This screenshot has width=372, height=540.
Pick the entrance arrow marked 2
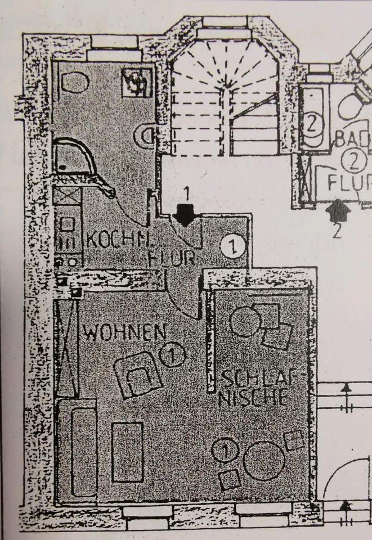[x=337, y=212]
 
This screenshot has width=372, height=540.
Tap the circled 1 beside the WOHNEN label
[x=172, y=355]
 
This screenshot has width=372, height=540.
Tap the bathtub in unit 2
[x=312, y=119]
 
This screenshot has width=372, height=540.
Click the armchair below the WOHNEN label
[x=138, y=375]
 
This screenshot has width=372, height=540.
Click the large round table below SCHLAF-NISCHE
[x=263, y=460]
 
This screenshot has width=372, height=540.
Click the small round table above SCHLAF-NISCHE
[x=244, y=322]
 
